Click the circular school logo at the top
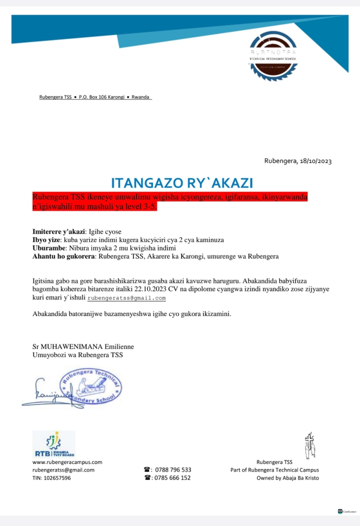(273, 56)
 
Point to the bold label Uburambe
(48, 248)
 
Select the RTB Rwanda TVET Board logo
(53, 444)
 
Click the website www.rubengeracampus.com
(67, 462)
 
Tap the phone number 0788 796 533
(173, 470)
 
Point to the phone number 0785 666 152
(173, 478)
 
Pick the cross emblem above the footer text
(310, 445)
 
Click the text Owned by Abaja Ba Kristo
(287, 478)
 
